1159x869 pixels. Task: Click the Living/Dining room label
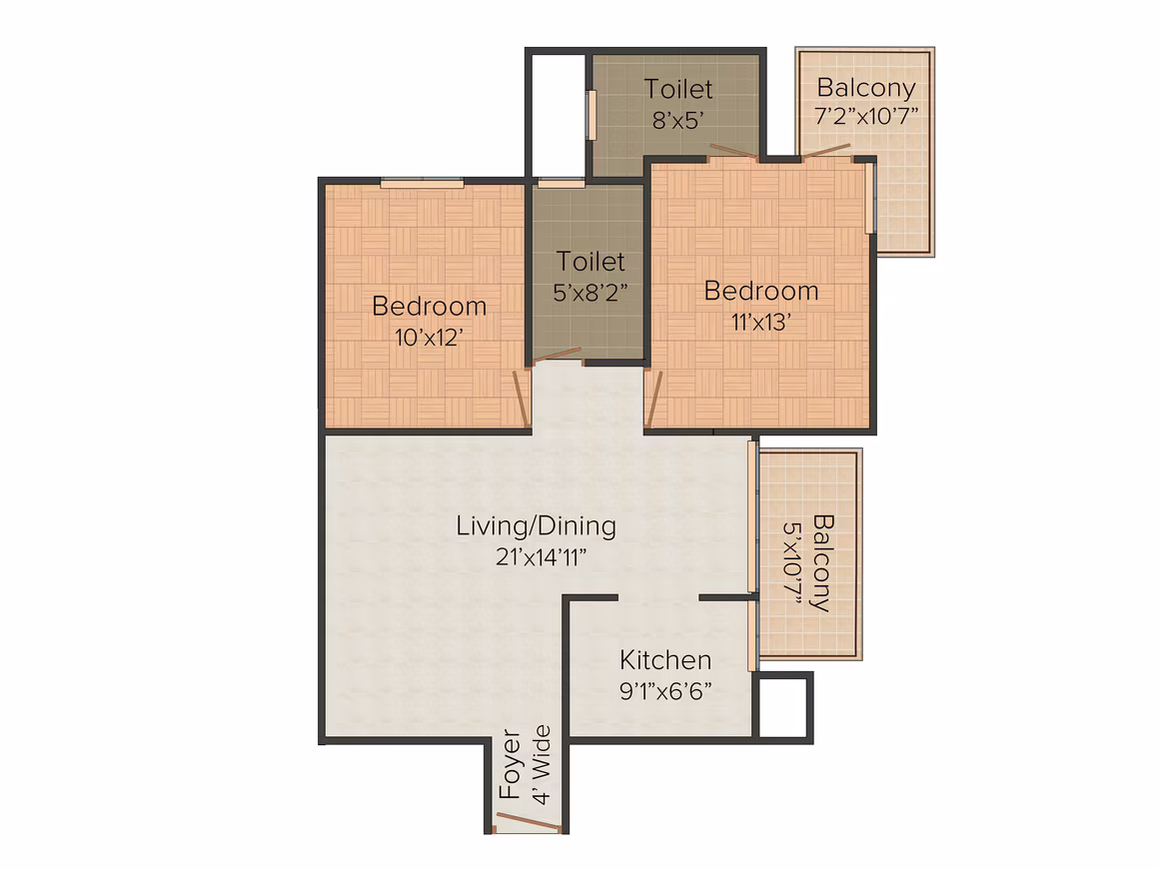pos(536,526)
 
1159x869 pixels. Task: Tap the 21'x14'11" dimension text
pos(542,557)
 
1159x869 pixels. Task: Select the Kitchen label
pos(665,660)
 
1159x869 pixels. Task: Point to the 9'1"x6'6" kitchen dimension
pos(665,691)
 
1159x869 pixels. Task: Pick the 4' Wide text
pos(542,764)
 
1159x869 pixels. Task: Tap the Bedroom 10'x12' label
pos(429,321)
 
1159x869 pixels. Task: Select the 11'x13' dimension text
pos(761,323)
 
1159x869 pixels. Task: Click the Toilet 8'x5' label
pos(678,104)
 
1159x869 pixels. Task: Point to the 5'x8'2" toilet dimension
pos(589,293)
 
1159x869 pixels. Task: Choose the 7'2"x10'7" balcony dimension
pos(866,116)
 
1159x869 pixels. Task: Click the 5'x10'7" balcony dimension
pos(792,563)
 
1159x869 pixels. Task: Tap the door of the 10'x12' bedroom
pos(522,398)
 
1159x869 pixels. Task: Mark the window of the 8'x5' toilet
pos(591,115)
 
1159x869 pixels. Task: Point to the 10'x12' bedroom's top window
pos(422,182)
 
